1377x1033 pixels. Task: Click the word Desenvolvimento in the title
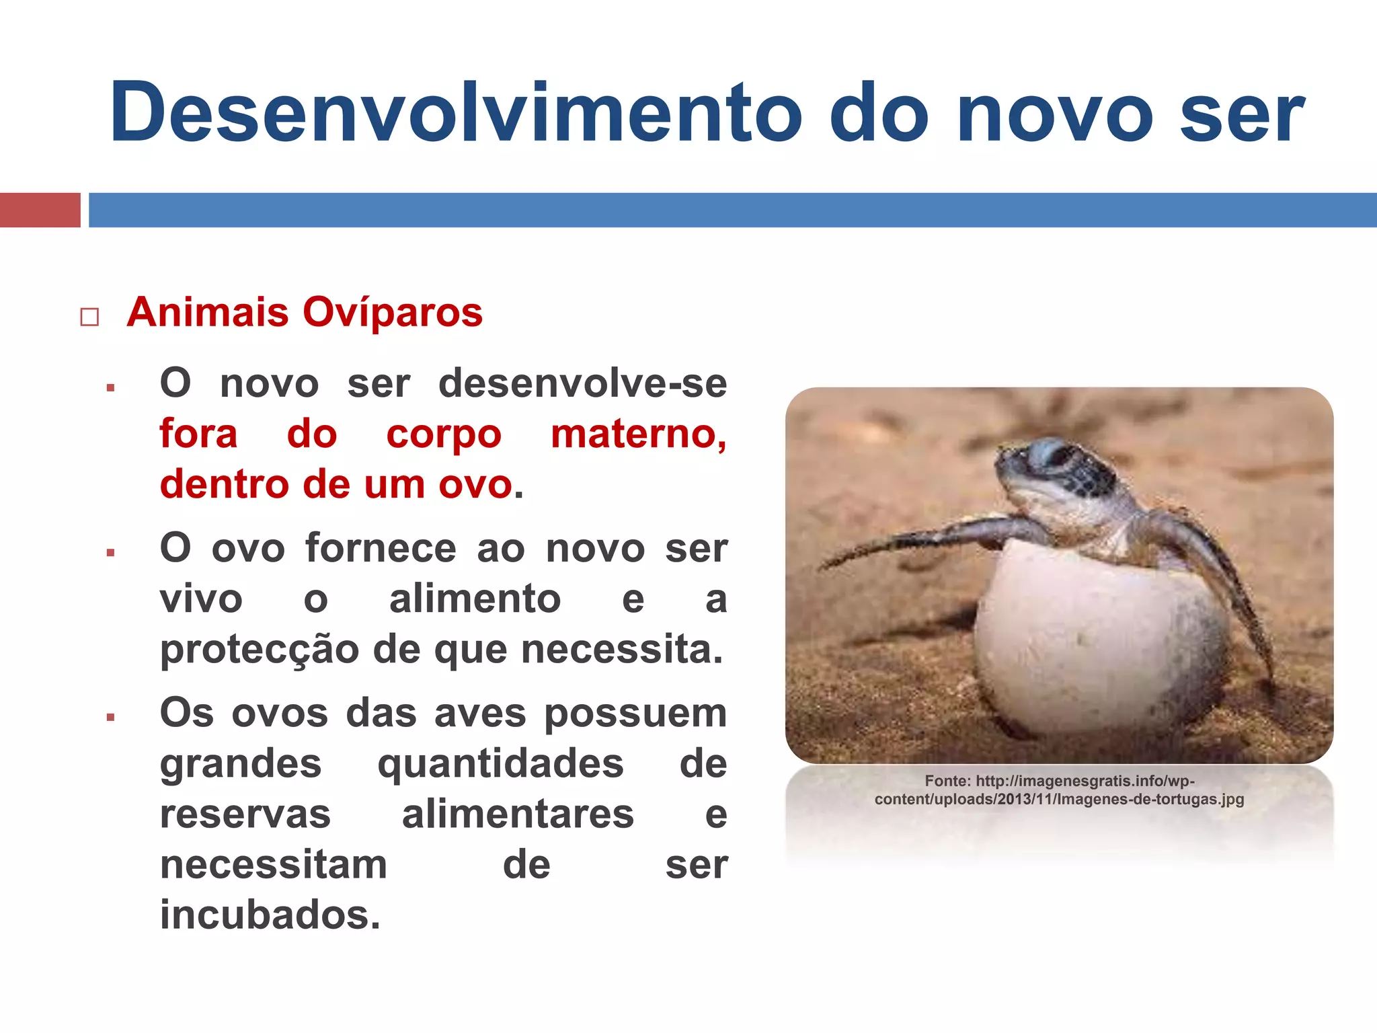pos(456,112)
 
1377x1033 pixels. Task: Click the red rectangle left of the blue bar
pos(40,210)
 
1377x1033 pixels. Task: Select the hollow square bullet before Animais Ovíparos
pos(89,317)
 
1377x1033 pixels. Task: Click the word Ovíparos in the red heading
pos(392,312)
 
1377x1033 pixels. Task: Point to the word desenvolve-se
pos(582,383)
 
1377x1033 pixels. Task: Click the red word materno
pos(638,434)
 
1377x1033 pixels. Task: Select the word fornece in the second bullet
pos(381,547)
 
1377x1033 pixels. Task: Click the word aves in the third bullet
pos(480,713)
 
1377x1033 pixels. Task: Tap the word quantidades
pos(500,764)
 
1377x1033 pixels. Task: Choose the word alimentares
pos(518,814)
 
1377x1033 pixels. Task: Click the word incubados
pos(270,915)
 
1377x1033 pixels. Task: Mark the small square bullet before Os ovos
pos(110,718)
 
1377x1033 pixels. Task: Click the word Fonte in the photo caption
pos(947,781)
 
